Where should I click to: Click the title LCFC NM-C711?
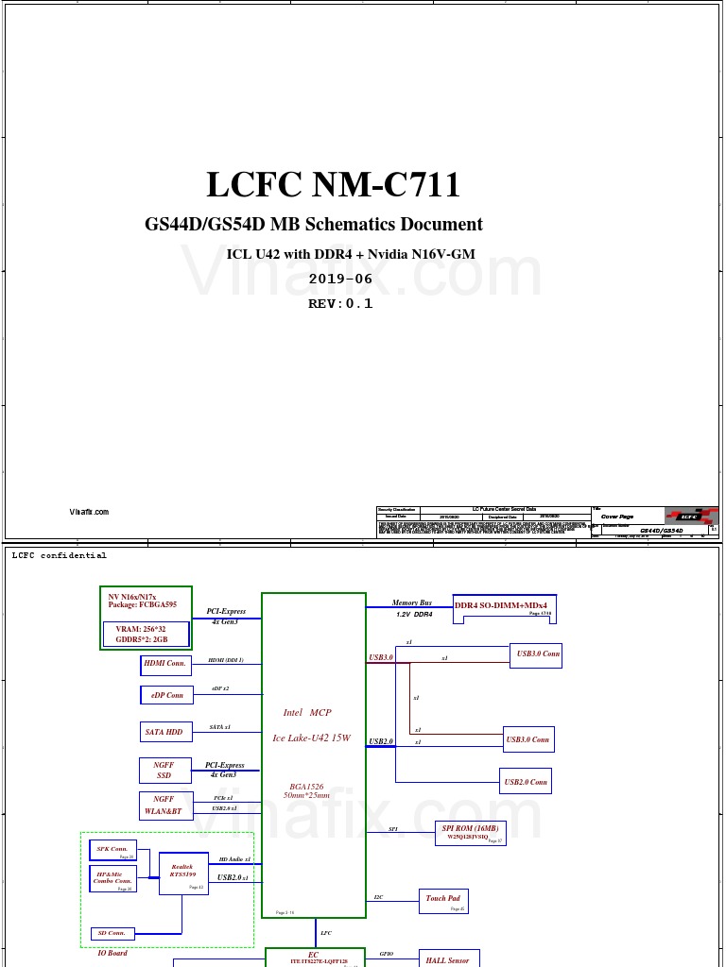click(x=333, y=185)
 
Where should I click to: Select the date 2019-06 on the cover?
click(x=340, y=280)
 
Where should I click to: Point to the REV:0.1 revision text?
click(x=340, y=304)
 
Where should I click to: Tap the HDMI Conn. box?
click(x=165, y=665)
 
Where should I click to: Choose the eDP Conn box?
click(x=166, y=695)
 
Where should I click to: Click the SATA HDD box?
click(x=165, y=732)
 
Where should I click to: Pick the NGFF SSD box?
click(x=165, y=770)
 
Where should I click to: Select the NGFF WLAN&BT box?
click(x=165, y=806)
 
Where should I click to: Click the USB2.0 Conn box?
click(x=526, y=781)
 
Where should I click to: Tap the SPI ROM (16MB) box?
click(x=470, y=833)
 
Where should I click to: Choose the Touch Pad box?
click(x=444, y=901)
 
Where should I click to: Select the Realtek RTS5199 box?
click(x=183, y=874)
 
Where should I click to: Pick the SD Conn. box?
click(x=112, y=933)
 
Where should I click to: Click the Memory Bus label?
click(x=412, y=602)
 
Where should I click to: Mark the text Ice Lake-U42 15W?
click(x=312, y=738)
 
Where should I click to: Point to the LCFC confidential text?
click(x=60, y=555)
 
